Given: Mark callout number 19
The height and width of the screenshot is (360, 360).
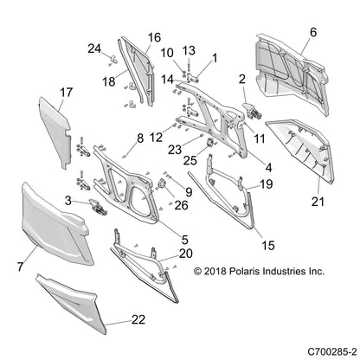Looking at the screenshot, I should (x=267, y=185).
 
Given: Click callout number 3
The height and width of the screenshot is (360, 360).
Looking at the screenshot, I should (x=67, y=201).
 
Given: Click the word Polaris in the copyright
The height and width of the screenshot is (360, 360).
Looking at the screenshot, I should (x=239, y=272).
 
